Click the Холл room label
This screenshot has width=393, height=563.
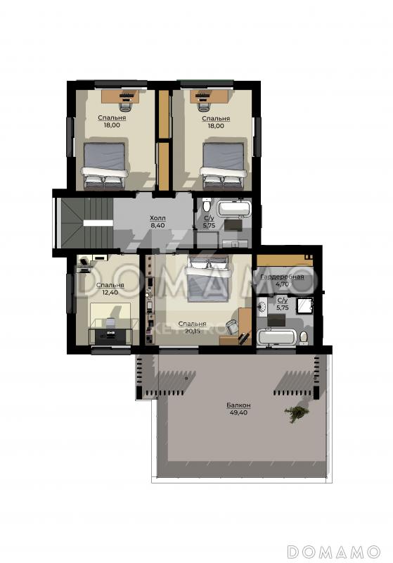pyautogui.click(x=157, y=218)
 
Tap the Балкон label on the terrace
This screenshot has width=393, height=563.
pyautogui.click(x=238, y=405)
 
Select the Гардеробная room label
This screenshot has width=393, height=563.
pyautogui.click(x=282, y=277)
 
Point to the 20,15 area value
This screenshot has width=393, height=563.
pyautogui.click(x=193, y=331)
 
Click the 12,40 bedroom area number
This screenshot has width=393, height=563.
pyautogui.click(x=110, y=292)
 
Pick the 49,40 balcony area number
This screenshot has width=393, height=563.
pyautogui.click(x=238, y=412)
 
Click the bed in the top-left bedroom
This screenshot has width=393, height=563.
pyautogui.click(x=105, y=166)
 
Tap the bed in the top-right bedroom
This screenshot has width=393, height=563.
pyautogui.click(x=224, y=166)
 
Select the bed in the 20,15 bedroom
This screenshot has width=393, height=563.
pyautogui.click(x=208, y=280)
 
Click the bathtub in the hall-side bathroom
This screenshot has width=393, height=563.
pyautogui.click(x=235, y=208)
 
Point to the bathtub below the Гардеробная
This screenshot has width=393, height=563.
pyautogui.click(x=277, y=337)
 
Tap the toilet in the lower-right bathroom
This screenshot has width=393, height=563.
pyautogui.click(x=303, y=337)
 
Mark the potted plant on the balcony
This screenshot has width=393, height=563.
pyautogui.click(x=297, y=414)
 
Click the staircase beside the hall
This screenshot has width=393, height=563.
pyautogui.click(x=86, y=223)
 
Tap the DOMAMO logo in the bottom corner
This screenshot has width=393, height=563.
pyautogui.click(x=334, y=551)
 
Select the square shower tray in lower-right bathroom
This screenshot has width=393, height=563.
pyautogui.click(x=305, y=305)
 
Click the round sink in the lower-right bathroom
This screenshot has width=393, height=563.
pyautogui.click(x=262, y=306)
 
